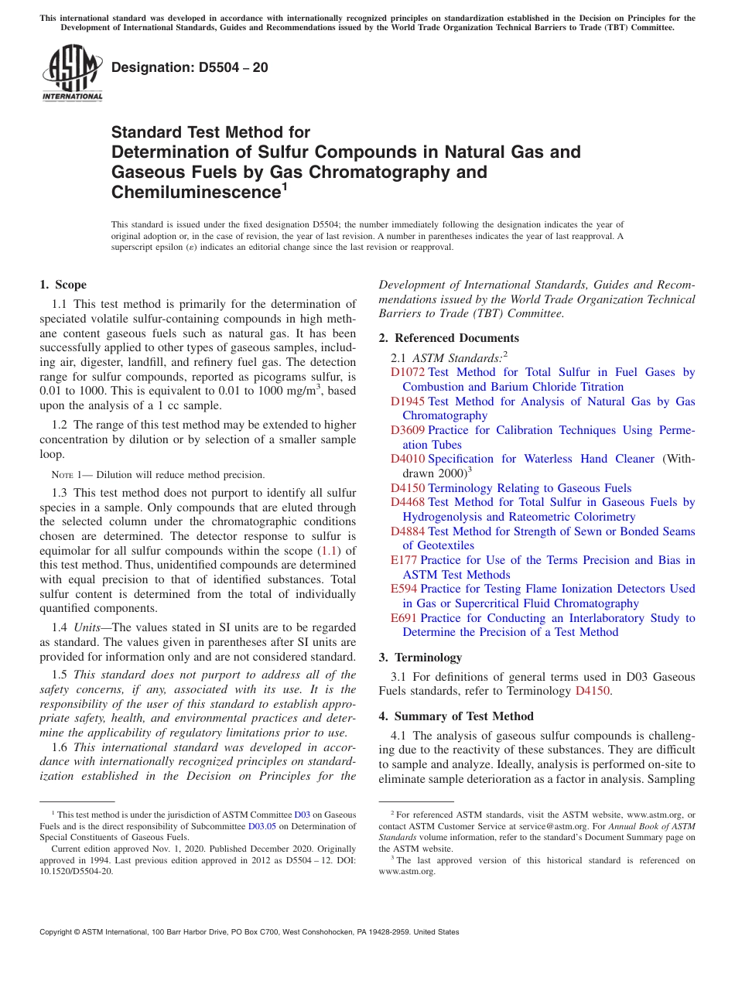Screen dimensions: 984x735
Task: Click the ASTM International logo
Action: coord(72,73)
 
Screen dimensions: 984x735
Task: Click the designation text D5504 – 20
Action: coord(190,67)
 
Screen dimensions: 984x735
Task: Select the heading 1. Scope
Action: coord(63,285)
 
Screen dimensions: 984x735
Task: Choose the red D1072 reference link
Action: coord(408,372)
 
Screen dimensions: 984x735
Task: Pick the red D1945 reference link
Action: coord(408,401)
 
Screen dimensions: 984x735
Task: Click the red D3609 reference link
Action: coord(408,430)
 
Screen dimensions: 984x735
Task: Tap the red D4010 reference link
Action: coord(408,459)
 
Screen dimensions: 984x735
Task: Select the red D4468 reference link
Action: coord(408,502)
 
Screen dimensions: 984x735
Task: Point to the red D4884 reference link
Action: coord(408,531)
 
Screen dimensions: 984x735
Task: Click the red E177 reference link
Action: coord(404,560)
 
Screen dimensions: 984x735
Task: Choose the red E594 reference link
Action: coord(404,589)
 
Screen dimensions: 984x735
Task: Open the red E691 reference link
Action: coord(404,618)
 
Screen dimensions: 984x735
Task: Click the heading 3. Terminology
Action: coord(420,658)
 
